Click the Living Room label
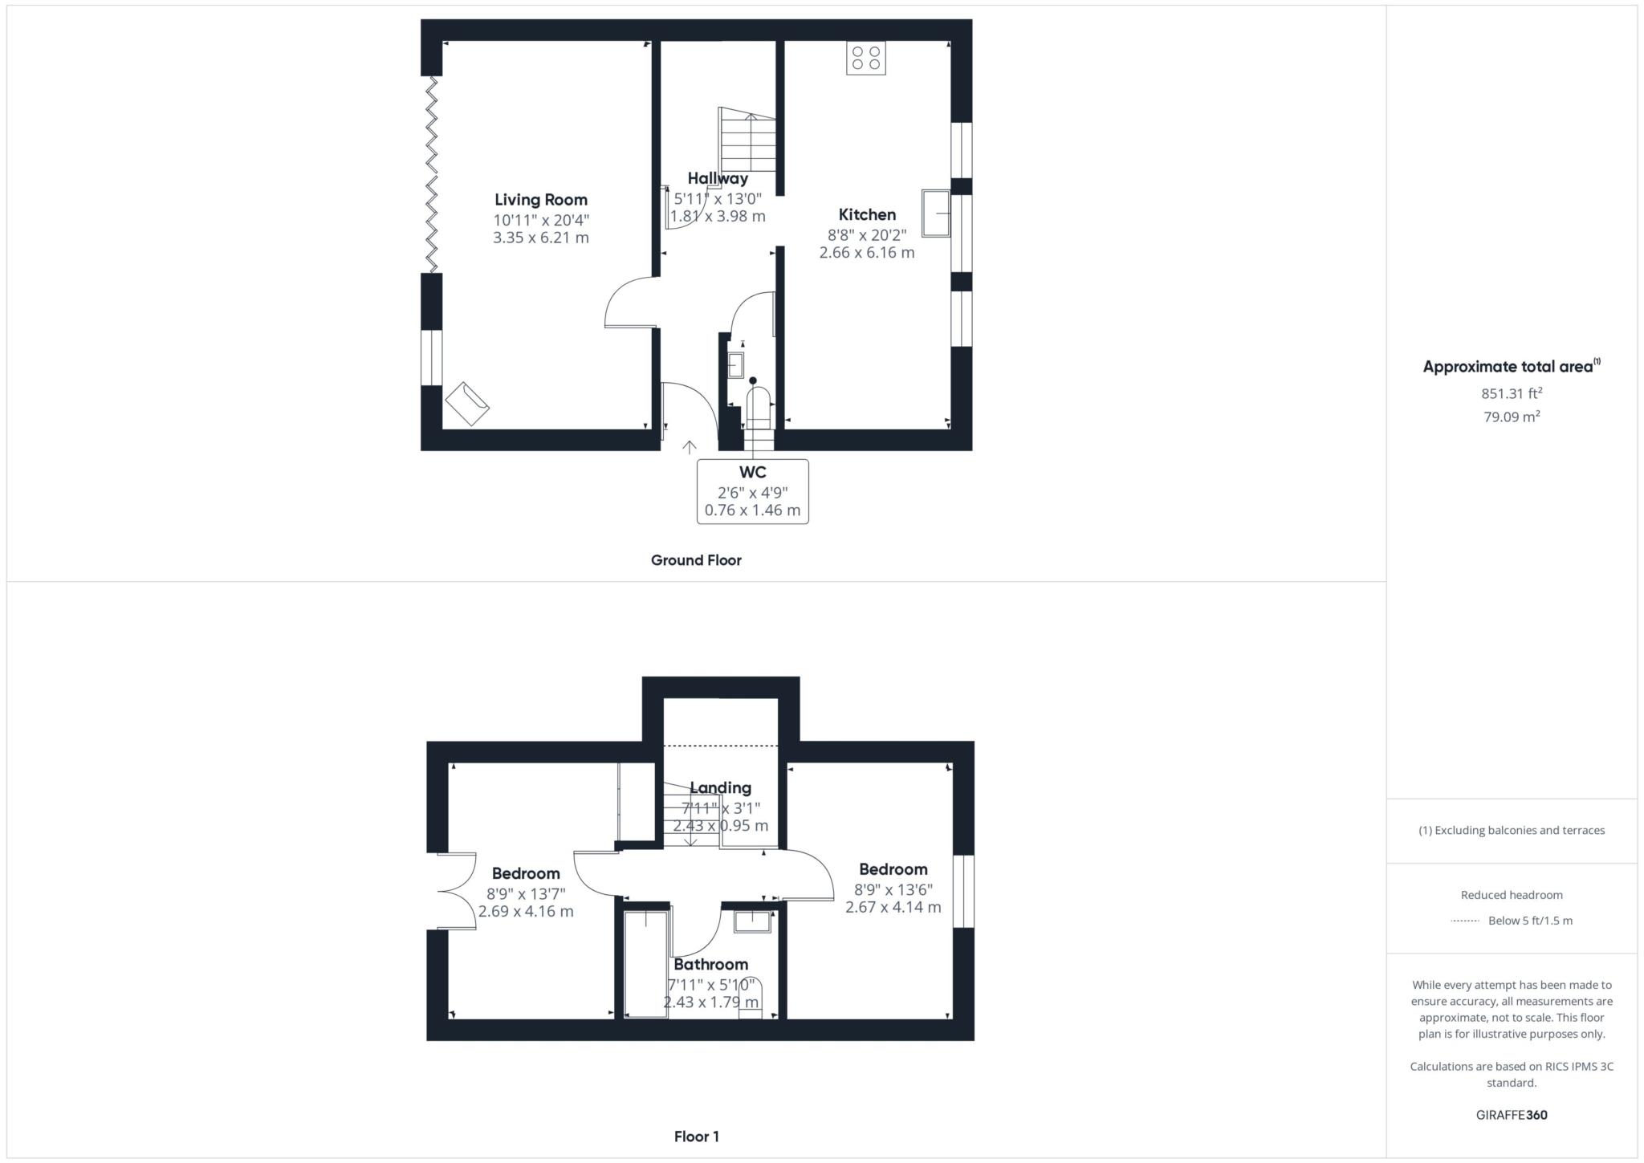pyautogui.click(x=540, y=200)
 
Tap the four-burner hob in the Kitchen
pyautogui.click(x=865, y=58)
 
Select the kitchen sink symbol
pyautogui.click(x=935, y=213)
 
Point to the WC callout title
pyautogui.click(x=752, y=472)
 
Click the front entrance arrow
pyautogui.click(x=689, y=447)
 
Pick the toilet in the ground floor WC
pyautogui.click(x=758, y=406)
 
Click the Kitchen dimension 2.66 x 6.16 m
pyautogui.click(x=866, y=253)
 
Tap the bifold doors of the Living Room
pyautogui.click(x=433, y=174)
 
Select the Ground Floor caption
pyautogui.click(x=695, y=560)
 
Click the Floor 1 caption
pyautogui.click(x=696, y=1137)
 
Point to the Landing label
pyautogui.click(x=721, y=788)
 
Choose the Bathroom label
pyautogui.click(x=710, y=965)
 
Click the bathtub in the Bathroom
pyautogui.click(x=645, y=964)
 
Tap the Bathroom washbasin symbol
pyautogui.click(x=752, y=922)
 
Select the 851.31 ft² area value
pyautogui.click(x=1511, y=393)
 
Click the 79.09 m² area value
pyautogui.click(x=1511, y=417)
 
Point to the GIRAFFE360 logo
pyautogui.click(x=1511, y=1115)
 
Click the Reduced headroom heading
pyautogui.click(x=1511, y=895)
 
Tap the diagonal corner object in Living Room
pyautogui.click(x=467, y=404)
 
